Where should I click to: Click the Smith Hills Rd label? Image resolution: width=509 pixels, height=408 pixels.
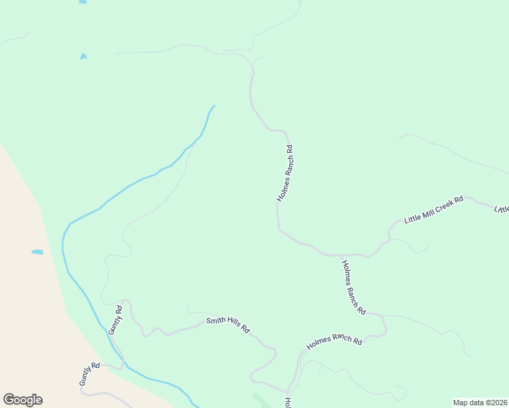click(x=228, y=326)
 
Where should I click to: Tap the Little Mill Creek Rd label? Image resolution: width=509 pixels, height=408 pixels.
click(x=433, y=210)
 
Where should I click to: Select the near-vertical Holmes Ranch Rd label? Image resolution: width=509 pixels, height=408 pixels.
click(x=285, y=173)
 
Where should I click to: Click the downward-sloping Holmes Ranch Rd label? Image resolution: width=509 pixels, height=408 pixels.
click(x=354, y=288)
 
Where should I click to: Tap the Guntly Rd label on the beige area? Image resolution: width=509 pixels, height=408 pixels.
click(x=89, y=375)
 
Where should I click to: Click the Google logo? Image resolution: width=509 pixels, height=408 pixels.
click(x=22, y=400)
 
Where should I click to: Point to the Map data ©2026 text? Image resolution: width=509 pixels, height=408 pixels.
click(x=480, y=403)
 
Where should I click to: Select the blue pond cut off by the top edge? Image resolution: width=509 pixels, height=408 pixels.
click(x=82, y=2)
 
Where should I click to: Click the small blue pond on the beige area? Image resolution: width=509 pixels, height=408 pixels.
click(x=37, y=252)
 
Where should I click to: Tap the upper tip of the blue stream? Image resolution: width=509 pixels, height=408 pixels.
click(x=214, y=106)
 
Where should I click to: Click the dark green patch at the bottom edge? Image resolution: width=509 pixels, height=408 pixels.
click(x=259, y=399)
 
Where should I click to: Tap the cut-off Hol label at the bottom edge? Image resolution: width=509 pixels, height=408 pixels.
click(x=288, y=403)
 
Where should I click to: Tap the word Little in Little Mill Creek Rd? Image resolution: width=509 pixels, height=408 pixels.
click(x=412, y=218)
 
